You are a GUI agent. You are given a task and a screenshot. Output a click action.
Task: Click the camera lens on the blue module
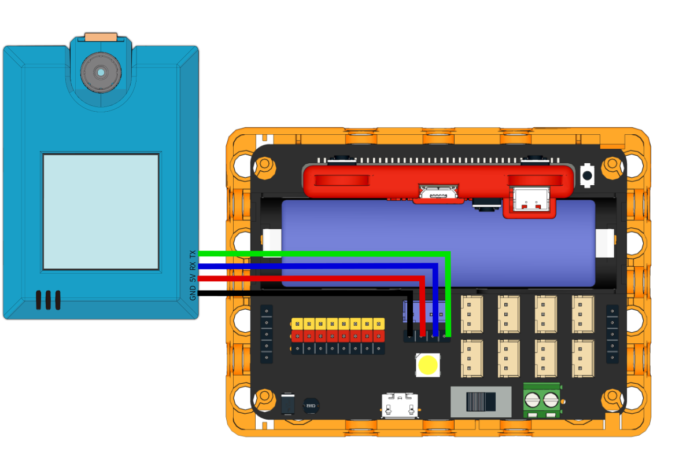point(101,72)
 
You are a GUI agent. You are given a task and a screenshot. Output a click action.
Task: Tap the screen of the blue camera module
point(101,211)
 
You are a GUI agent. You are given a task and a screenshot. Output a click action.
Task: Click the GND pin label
point(193,293)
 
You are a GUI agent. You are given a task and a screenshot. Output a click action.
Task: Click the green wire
point(324,253)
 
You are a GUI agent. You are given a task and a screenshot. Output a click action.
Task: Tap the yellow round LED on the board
point(427,365)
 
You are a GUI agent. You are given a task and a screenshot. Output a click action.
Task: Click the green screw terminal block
point(542,399)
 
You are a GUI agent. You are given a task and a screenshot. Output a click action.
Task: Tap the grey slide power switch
point(481,402)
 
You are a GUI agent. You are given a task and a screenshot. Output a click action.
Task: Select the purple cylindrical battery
point(438,243)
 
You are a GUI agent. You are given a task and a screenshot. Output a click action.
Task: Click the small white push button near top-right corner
point(587,175)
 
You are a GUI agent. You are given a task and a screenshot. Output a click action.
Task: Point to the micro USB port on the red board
point(439,193)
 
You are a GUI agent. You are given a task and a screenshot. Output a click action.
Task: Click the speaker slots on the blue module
point(47,300)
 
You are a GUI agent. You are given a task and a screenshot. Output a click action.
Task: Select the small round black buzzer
point(311,406)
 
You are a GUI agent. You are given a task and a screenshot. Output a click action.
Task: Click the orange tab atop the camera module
point(101,38)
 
